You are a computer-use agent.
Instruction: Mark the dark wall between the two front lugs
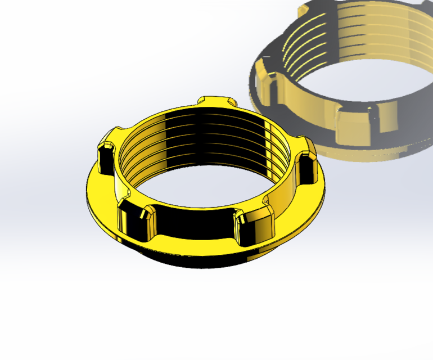pyautogui.click(x=194, y=225)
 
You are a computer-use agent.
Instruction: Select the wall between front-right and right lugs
pyautogui.click(x=284, y=197)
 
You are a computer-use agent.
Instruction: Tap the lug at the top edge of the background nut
pyautogui.click(x=315, y=8)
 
